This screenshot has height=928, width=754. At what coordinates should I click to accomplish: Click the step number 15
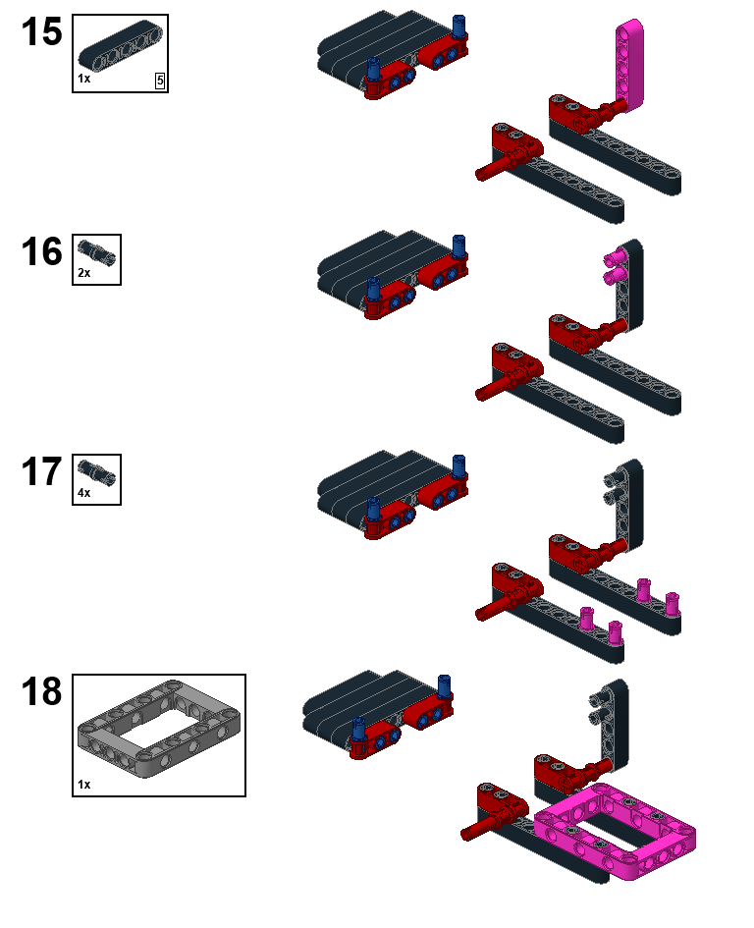[41, 32]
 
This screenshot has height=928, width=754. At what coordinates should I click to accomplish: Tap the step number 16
[41, 251]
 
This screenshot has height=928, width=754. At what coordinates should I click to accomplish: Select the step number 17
[41, 471]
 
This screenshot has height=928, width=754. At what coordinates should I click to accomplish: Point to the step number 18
[41, 691]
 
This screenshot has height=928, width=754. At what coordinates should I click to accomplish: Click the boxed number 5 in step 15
[160, 82]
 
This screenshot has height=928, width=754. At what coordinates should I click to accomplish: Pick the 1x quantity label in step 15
[84, 79]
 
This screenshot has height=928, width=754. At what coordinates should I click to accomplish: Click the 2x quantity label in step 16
[84, 273]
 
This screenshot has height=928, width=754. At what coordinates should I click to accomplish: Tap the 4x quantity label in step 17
[84, 493]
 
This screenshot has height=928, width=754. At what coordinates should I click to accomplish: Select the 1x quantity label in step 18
[84, 785]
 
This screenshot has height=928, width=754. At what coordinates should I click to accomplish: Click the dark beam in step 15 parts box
[121, 46]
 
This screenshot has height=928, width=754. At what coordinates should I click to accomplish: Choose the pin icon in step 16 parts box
[96, 251]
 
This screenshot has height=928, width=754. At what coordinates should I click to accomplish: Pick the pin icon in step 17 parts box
[96, 471]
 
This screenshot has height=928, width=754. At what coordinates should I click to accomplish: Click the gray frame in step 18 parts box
[159, 729]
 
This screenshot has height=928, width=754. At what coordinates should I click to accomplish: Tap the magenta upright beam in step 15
[629, 65]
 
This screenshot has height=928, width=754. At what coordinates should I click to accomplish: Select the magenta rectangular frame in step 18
[615, 831]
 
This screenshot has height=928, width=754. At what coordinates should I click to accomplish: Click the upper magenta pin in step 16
[615, 257]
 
